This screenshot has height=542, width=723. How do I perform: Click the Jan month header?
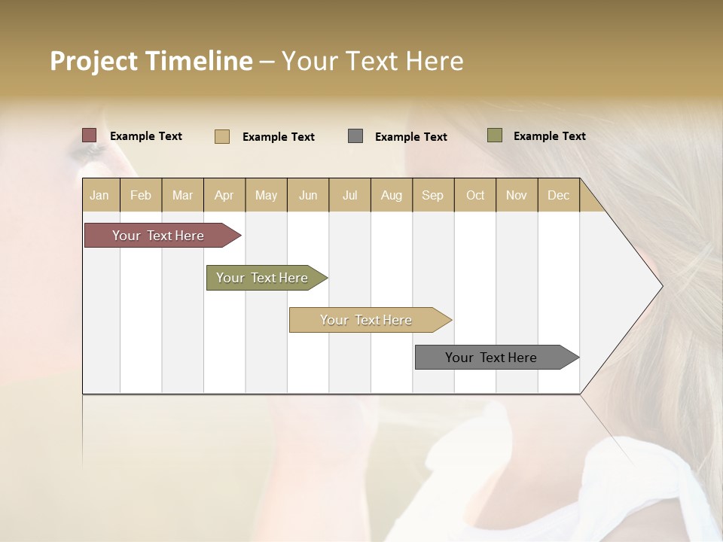click(x=99, y=196)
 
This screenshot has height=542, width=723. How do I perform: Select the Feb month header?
click(x=141, y=196)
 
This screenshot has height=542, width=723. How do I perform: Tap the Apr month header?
click(x=224, y=196)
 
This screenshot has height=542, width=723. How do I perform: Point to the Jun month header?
click(x=308, y=196)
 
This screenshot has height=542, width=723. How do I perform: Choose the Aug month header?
click(x=391, y=196)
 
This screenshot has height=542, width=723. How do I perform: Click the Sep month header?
click(x=432, y=196)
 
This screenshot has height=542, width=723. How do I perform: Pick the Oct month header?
click(x=475, y=196)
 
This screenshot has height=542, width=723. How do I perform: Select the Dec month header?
click(x=558, y=196)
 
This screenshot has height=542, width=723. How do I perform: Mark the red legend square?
click(x=90, y=135)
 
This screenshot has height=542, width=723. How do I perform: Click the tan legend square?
click(x=222, y=136)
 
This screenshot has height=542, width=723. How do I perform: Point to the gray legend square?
click(x=355, y=136)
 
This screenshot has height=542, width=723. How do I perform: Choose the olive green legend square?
click(x=495, y=135)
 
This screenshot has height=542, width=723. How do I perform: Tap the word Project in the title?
click(x=94, y=61)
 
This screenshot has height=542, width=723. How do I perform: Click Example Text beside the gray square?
click(x=410, y=137)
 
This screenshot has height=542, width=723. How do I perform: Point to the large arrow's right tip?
click(x=661, y=286)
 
